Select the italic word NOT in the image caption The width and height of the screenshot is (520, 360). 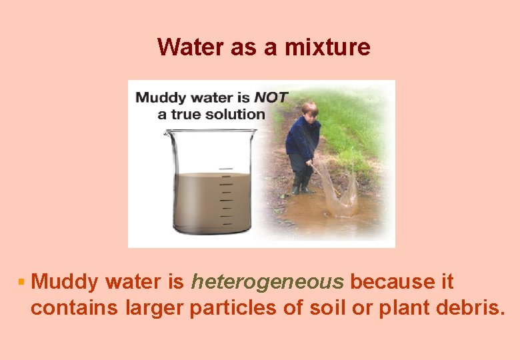tap(271, 97)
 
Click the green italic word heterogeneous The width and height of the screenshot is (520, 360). tap(267, 283)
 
